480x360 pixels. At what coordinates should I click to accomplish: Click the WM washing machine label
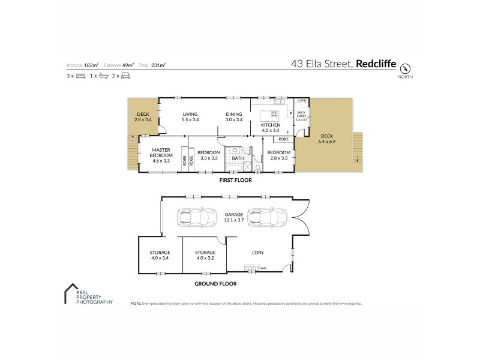(263, 268)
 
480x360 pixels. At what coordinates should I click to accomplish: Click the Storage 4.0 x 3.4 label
(160, 255)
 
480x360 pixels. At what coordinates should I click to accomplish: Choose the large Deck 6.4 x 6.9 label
(326, 139)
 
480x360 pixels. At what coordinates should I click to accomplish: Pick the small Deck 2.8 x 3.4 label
(143, 116)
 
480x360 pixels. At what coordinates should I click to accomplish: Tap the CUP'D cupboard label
(302, 100)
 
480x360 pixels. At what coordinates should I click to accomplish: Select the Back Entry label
(301, 115)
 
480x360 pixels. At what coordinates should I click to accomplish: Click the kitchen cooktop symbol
(275, 114)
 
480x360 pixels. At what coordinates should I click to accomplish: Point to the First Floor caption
(235, 180)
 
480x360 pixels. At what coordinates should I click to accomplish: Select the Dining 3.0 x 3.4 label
(234, 116)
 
